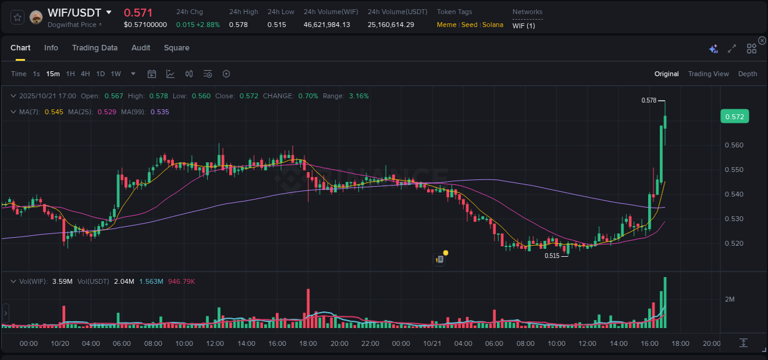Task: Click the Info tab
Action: [x=51, y=48]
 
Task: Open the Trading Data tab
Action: [x=95, y=48]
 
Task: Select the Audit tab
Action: [x=141, y=48]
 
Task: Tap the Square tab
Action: [x=176, y=48]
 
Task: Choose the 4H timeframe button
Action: [x=85, y=74]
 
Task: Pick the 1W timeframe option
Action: [x=116, y=74]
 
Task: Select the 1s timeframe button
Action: [x=36, y=74]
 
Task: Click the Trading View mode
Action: [x=708, y=74]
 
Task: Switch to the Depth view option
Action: [x=747, y=74]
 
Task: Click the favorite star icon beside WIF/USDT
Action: [x=17, y=17]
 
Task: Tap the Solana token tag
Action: [x=492, y=25]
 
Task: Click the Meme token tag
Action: [x=446, y=25]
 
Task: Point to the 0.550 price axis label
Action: [x=734, y=170]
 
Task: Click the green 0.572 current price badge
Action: [x=734, y=117]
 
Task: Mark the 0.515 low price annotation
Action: [x=552, y=256]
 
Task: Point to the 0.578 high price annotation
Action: [x=649, y=100]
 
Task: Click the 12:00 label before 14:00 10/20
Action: [x=215, y=343]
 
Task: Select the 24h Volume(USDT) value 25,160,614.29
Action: [x=391, y=25]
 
